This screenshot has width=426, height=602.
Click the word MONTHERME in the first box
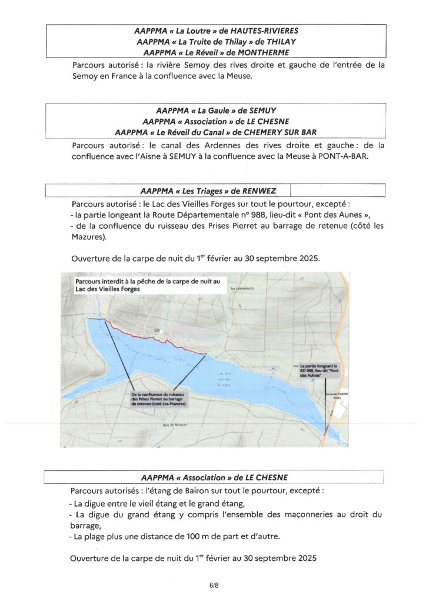(262, 53)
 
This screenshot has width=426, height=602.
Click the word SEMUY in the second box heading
(259, 110)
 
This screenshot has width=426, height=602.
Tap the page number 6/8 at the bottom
(213, 586)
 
